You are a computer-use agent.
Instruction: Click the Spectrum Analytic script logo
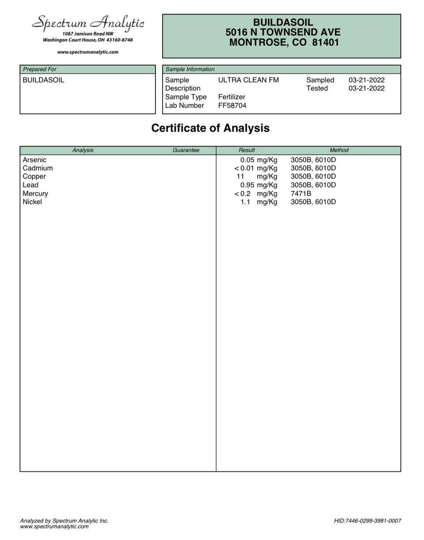click(87, 23)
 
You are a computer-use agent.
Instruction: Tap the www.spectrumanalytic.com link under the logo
click(87, 52)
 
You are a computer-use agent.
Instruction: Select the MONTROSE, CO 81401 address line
click(284, 43)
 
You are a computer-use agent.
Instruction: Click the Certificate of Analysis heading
click(210, 128)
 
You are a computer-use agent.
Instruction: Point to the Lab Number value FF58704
click(232, 106)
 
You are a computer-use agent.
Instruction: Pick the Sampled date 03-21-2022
click(367, 80)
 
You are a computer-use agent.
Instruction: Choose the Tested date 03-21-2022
click(367, 89)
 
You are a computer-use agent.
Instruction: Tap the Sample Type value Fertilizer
click(232, 97)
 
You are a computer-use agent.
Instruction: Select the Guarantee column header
click(186, 151)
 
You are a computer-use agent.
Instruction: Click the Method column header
click(339, 151)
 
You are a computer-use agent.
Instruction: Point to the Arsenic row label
click(34, 160)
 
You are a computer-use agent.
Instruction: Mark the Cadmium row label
click(38, 168)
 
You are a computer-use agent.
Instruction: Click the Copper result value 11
click(240, 177)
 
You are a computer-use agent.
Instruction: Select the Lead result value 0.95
click(248, 185)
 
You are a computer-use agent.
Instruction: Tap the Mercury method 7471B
click(301, 194)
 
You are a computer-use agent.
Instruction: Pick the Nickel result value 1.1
click(245, 202)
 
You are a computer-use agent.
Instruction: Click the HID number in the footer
click(368, 521)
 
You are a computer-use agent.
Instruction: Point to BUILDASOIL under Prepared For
click(43, 80)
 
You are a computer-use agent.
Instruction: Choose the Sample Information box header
click(190, 69)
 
